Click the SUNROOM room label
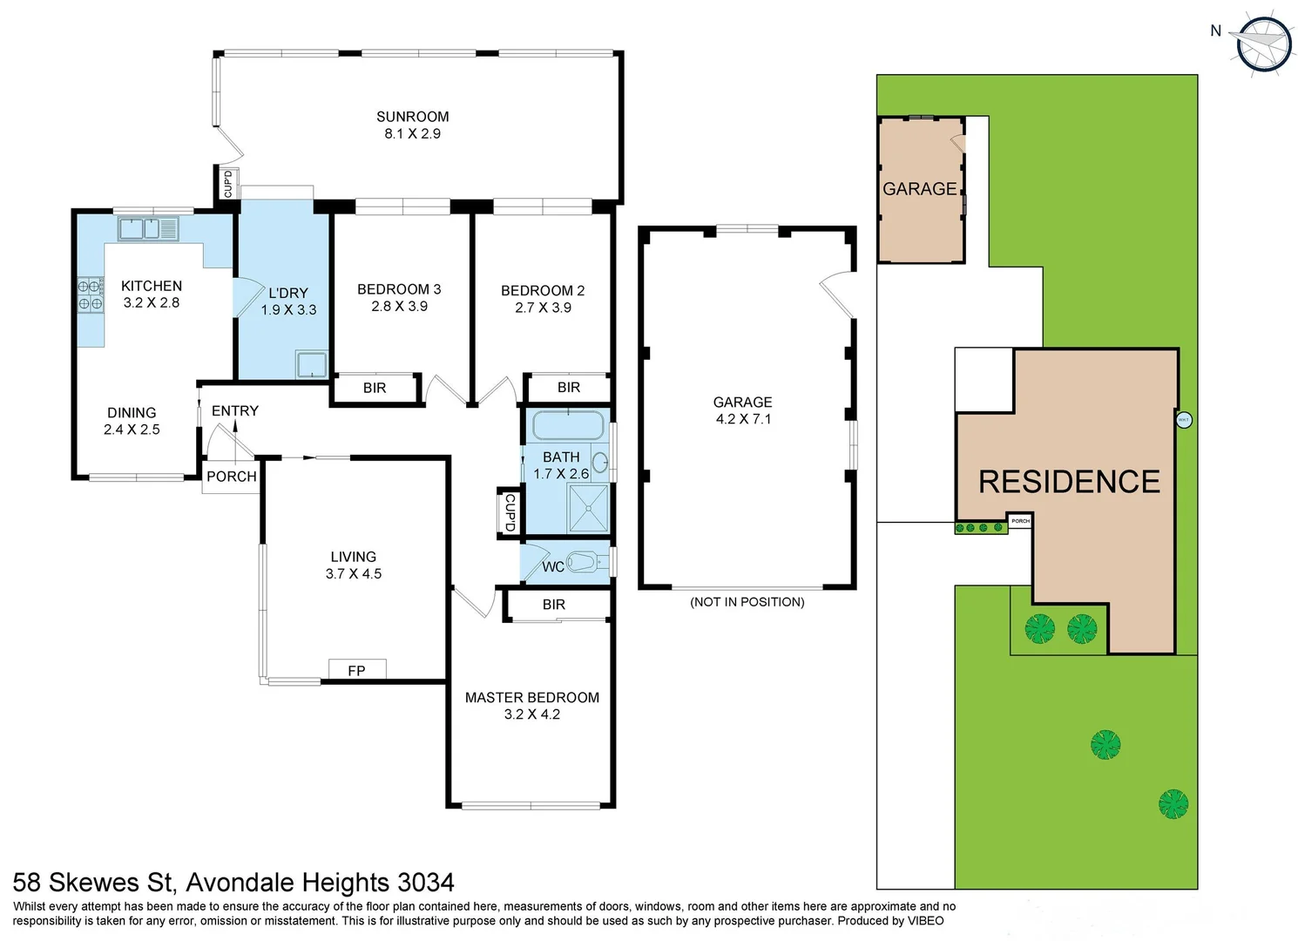tap(412, 117)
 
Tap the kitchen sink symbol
tap(148, 229)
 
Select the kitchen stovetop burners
tap(91, 294)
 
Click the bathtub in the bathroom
tap(568, 426)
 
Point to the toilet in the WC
tap(585, 562)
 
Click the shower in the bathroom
tap(588, 508)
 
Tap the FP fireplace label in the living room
tap(356, 670)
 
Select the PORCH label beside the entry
tap(232, 477)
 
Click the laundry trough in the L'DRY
tap(311, 364)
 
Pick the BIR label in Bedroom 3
tap(375, 389)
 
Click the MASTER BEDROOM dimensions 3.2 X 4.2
tap(531, 714)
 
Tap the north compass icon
tap(1263, 43)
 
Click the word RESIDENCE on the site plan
tap(1069, 482)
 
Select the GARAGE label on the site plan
tap(919, 189)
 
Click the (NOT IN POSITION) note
tap(747, 602)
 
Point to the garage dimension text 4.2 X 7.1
tap(743, 419)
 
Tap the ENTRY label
tap(234, 411)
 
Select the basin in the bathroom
tap(600, 462)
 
